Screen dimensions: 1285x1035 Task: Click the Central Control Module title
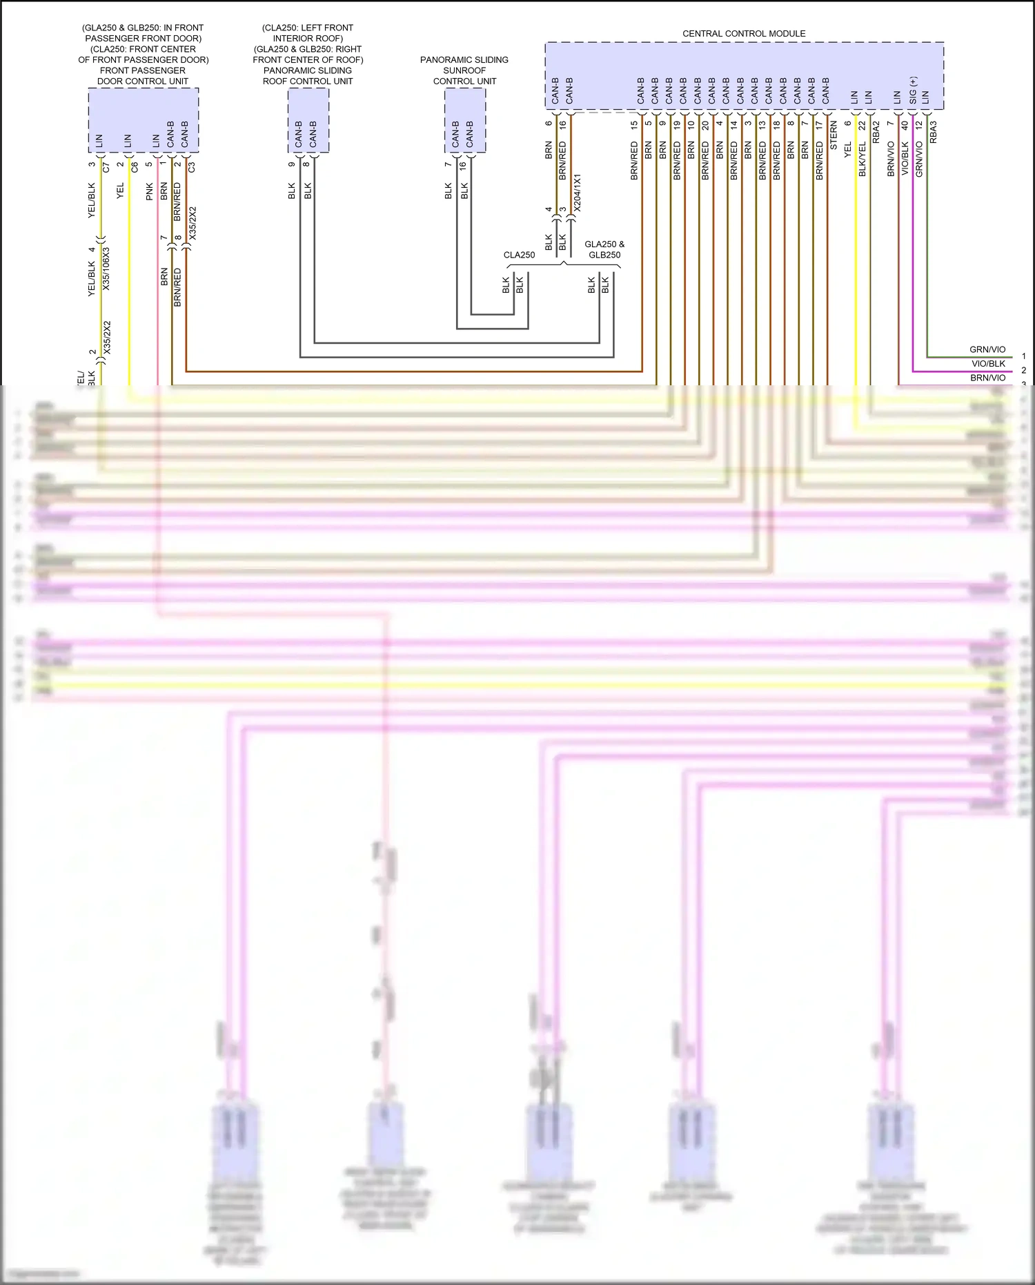[x=744, y=33]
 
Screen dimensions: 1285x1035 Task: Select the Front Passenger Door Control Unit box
[x=144, y=120]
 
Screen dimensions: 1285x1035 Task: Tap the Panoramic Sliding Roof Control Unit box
[x=308, y=120]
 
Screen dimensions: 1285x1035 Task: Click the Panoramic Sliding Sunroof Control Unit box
[x=464, y=120]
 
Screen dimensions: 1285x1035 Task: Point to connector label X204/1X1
[x=578, y=193]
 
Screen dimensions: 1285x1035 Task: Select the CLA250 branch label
[x=519, y=255]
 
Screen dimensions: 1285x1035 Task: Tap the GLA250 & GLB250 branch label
[x=604, y=249]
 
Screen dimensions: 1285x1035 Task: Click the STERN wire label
[x=834, y=137]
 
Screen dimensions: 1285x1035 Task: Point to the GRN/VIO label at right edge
[x=987, y=349]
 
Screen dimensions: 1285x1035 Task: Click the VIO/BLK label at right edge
[x=988, y=364]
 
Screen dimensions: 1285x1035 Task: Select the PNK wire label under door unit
[x=150, y=192]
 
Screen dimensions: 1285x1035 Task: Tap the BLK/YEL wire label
[x=862, y=159]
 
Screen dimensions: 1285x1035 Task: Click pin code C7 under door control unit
[x=106, y=167]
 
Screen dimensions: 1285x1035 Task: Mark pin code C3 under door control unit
[x=192, y=167]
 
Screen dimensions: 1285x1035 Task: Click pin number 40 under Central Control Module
[x=905, y=126]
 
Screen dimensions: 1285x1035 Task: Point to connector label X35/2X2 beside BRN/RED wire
[x=193, y=223]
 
